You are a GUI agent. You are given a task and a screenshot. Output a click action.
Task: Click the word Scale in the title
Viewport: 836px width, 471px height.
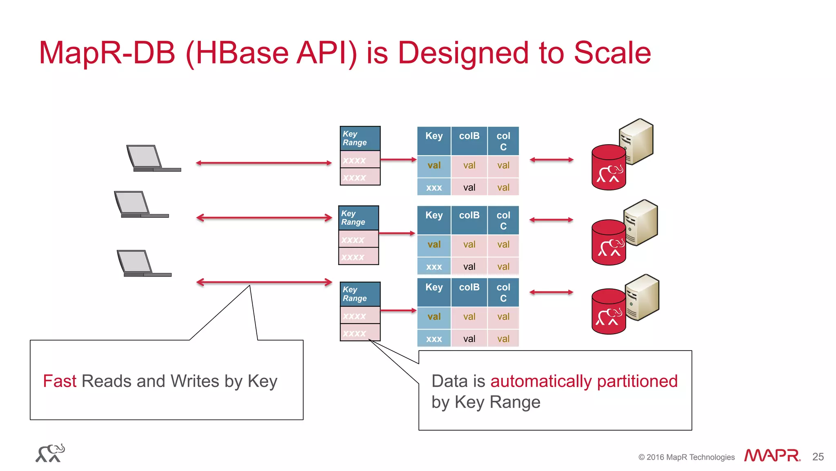pos(612,53)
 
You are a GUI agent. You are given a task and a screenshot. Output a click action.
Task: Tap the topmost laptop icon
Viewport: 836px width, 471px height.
pos(151,158)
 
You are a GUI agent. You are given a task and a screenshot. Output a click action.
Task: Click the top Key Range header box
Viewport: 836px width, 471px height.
pos(360,138)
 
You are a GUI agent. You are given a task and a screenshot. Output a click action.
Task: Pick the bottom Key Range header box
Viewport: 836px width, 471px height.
pos(360,294)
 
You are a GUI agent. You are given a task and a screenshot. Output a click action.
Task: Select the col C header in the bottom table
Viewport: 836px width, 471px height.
pos(503,292)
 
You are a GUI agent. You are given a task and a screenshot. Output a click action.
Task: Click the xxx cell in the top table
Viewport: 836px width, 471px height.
pos(434,188)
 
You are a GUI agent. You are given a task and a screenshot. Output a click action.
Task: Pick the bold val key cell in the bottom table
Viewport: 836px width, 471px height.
pos(434,317)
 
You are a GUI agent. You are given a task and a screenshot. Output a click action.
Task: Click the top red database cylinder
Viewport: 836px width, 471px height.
pos(608,168)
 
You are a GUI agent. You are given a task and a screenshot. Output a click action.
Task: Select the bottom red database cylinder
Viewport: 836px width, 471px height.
pos(608,313)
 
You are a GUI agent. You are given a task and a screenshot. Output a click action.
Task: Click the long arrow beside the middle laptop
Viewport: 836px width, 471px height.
pos(264,218)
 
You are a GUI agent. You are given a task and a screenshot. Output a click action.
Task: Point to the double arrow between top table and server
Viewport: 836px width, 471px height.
pos(551,160)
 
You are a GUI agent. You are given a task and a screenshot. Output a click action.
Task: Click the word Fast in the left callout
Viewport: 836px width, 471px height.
pos(60,381)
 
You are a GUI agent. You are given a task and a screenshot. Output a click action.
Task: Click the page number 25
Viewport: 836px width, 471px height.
pos(818,457)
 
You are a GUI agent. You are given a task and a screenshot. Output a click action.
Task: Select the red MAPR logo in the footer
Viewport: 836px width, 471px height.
pos(772,455)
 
